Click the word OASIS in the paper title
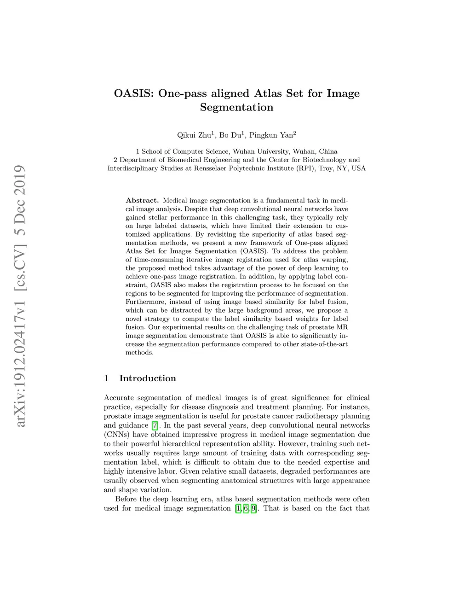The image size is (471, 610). (x=134, y=93)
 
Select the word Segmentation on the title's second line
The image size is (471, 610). (x=236, y=108)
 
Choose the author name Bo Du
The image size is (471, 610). (x=230, y=135)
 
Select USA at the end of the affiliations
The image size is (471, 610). (x=359, y=168)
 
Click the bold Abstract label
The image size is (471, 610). (x=142, y=201)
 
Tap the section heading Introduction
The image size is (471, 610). (x=148, y=378)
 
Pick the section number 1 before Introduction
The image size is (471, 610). (x=106, y=378)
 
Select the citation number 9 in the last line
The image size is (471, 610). (x=253, y=509)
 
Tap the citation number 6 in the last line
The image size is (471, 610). (x=246, y=509)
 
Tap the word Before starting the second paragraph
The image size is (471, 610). (x=126, y=500)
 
